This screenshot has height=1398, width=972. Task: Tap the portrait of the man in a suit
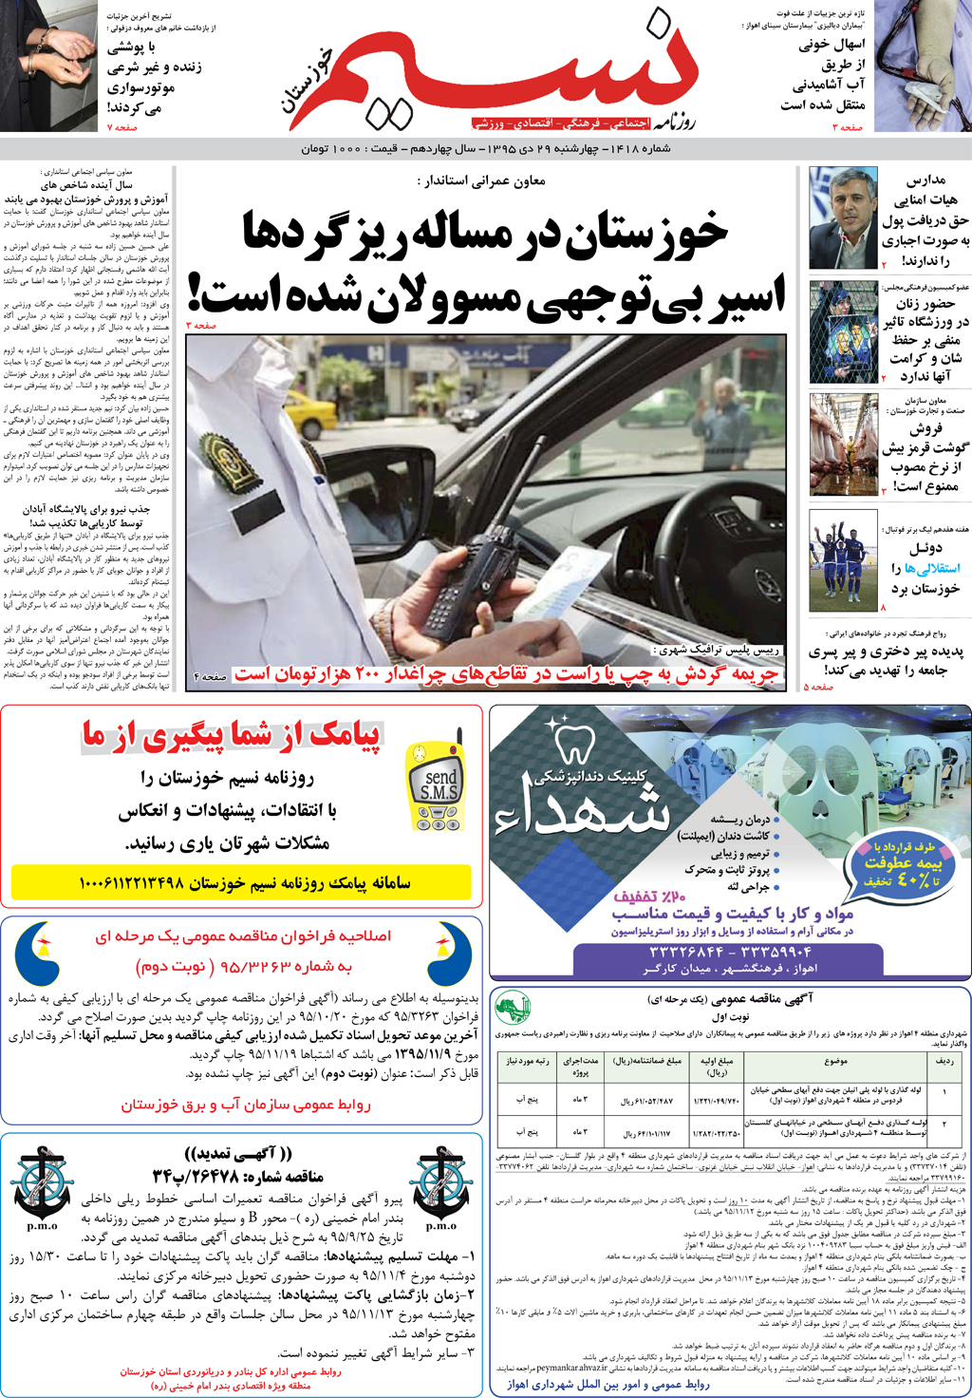[x=843, y=218]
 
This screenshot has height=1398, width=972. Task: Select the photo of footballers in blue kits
[x=843, y=560]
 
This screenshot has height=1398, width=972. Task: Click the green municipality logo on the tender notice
[x=514, y=1008]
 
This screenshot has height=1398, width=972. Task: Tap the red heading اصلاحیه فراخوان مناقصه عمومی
[x=242, y=936]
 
